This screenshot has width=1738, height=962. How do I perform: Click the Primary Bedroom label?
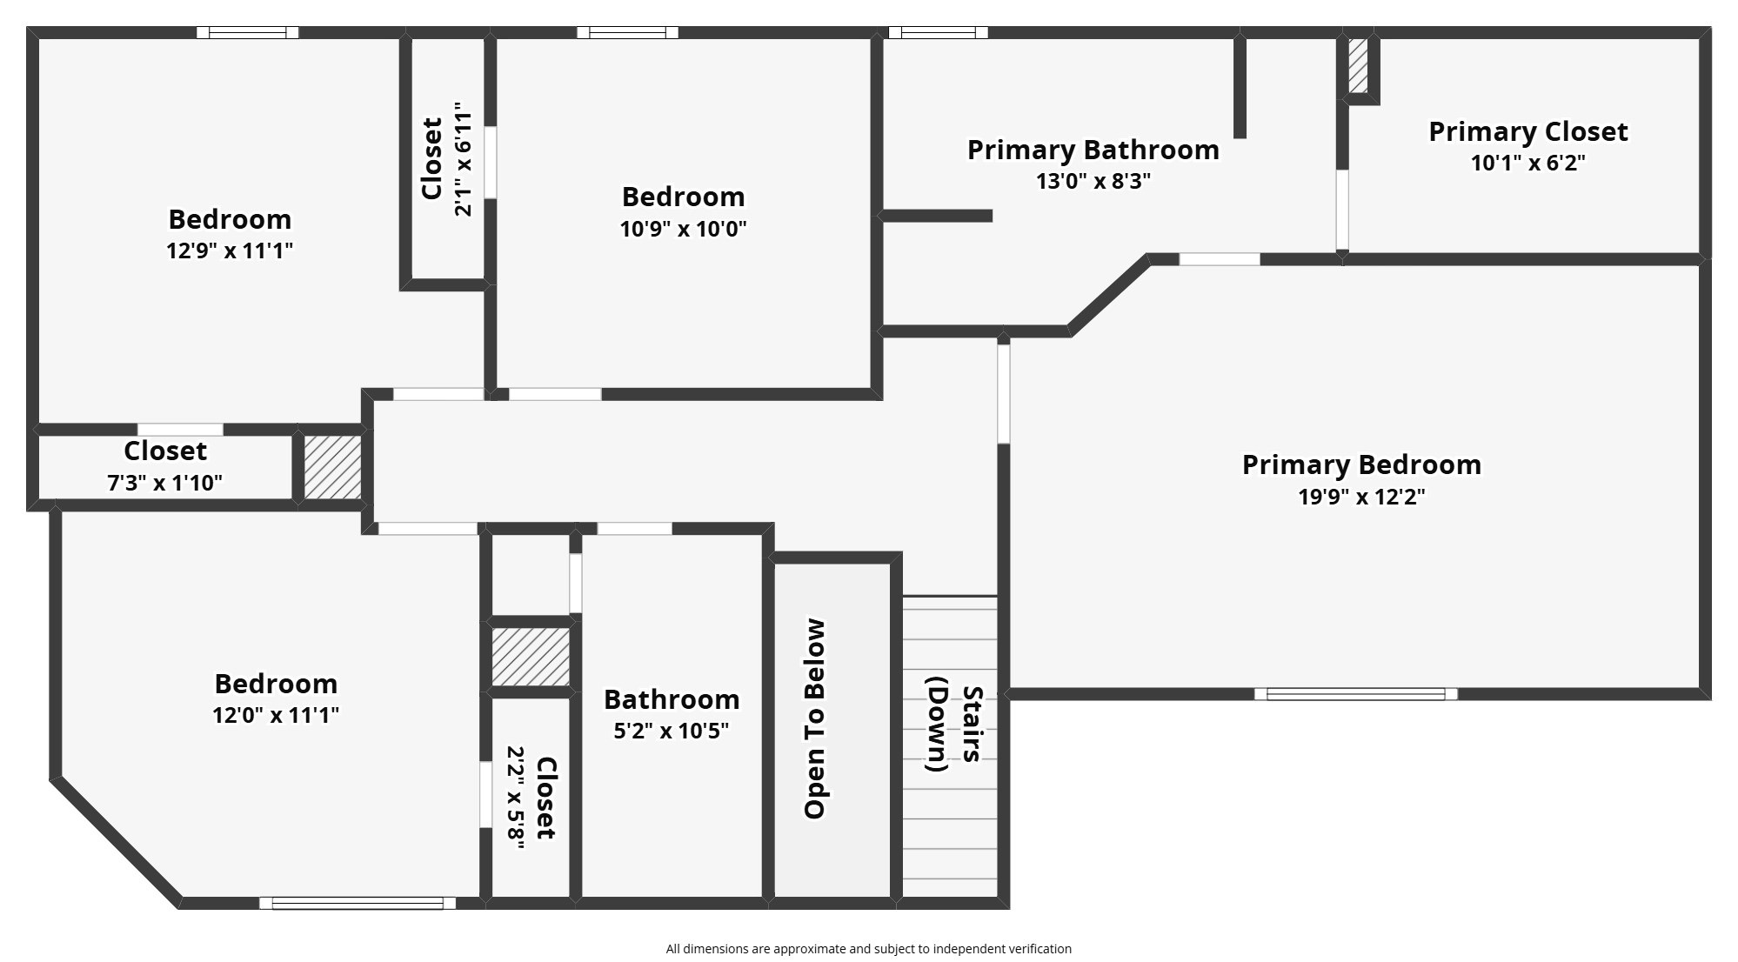coord(1361,465)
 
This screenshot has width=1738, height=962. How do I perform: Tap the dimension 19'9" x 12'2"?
coord(1361,497)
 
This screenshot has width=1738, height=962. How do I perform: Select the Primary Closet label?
coord(1527,131)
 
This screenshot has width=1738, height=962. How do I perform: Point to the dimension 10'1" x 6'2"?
coord(1527,163)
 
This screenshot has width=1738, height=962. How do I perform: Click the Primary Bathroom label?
coord(1093,150)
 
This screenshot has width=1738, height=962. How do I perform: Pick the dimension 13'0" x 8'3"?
coord(1093,181)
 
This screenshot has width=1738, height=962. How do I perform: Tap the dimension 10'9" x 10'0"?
coord(683,229)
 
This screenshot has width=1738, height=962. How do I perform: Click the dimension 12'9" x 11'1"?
coord(230,251)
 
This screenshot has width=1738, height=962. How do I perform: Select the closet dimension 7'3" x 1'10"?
coord(164,483)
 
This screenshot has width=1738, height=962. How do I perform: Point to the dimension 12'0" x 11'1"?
coord(276,715)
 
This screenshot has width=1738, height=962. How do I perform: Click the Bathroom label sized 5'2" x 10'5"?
coord(672,699)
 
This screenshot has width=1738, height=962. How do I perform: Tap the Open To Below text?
coord(814,719)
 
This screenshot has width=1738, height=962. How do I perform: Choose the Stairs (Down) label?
coord(954,725)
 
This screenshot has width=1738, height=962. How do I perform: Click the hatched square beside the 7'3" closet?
coord(332,468)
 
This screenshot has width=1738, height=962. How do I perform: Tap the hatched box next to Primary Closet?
coord(1358,66)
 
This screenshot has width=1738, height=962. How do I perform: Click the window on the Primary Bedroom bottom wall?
coord(1355,694)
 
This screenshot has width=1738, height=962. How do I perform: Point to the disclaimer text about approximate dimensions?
coord(869,949)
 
